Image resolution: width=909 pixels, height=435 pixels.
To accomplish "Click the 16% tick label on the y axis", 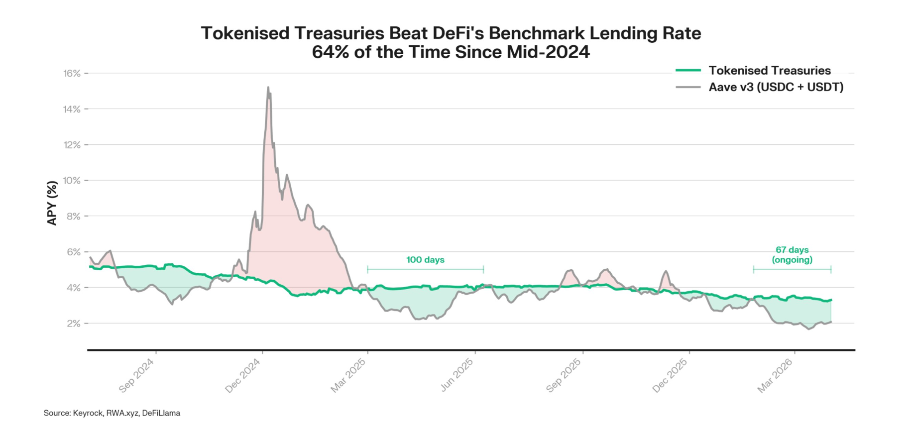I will (72, 74).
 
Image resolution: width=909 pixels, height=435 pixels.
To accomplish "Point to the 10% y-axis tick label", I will (72, 181).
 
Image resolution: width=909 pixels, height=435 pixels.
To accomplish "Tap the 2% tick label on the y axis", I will (73, 324).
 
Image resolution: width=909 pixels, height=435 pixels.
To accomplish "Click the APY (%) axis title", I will (52, 203).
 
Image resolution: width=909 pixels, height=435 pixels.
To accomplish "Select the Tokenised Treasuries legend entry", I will (769, 71).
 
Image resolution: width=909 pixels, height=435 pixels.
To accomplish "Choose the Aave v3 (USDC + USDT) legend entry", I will (776, 87).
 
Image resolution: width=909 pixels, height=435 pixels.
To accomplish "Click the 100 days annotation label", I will (425, 260).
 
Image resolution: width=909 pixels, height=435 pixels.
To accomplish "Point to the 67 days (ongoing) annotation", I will (792, 254).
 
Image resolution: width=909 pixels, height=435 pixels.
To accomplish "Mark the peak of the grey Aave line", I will (268, 88).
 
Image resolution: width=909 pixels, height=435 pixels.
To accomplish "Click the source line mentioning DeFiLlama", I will (112, 413).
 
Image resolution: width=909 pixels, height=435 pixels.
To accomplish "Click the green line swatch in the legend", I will (688, 71).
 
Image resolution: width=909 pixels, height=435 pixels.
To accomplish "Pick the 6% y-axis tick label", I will (73, 252).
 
